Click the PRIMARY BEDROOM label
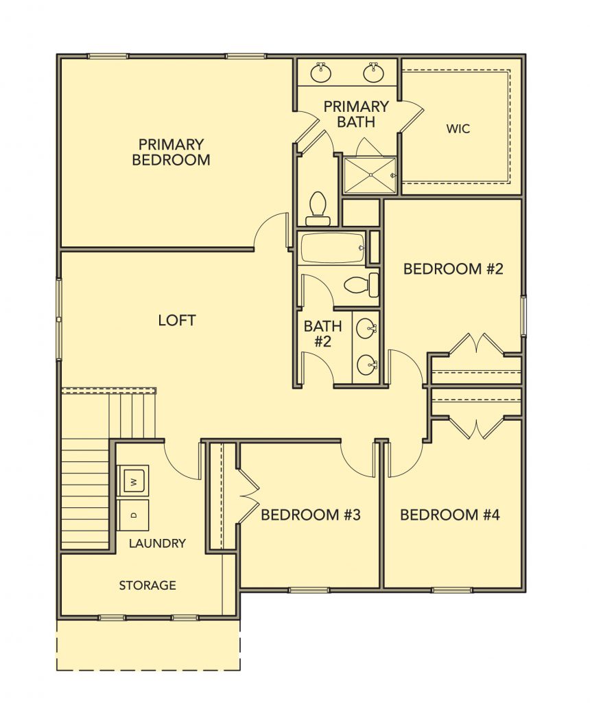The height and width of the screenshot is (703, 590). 171,152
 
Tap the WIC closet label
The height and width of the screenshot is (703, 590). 458,129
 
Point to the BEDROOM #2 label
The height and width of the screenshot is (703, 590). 453,268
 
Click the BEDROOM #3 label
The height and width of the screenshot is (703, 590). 311,515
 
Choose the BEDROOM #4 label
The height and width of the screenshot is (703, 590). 450,515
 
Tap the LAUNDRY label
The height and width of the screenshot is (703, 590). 157,544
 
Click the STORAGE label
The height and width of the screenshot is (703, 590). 147,585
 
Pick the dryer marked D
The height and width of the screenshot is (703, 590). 132,515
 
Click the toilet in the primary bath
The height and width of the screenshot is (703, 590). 318,209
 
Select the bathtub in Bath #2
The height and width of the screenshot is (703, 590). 333,247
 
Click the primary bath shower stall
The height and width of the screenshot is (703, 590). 370,175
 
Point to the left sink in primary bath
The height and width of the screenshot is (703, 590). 321,73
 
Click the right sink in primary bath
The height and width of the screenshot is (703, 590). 373,73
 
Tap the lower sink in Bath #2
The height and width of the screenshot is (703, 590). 367,365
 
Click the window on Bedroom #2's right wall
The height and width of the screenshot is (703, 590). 523,315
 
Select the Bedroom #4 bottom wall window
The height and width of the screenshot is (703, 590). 453,590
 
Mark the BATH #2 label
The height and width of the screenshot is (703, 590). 322,334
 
